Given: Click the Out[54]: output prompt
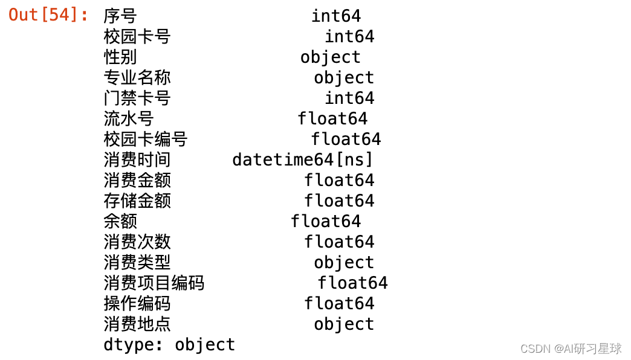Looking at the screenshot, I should click(49, 15).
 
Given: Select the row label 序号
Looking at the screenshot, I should click(120, 16).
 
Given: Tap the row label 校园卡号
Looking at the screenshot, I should click(137, 37).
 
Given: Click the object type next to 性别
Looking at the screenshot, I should click(330, 57).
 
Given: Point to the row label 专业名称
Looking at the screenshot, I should click(137, 78).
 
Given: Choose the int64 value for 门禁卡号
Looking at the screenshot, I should click(349, 98).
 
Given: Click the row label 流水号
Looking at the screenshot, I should click(129, 119).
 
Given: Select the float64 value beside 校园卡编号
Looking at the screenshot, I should click(346, 140).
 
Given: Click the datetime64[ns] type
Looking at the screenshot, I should click(303, 160).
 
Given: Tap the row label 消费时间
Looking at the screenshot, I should click(137, 160).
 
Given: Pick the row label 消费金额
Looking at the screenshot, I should click(137, 181).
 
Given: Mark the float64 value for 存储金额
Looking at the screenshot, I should click(339, 201).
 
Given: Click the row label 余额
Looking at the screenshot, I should click(120, 222).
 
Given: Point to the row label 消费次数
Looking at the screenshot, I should click(137, 242).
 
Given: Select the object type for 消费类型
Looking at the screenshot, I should click(344, 263).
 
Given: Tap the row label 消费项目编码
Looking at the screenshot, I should click(154, 283).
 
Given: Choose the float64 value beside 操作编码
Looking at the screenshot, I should click(339, 304).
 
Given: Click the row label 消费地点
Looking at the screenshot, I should click(137, 324).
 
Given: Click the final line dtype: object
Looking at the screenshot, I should click(169, 345).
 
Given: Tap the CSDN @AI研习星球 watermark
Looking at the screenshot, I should click(571, 349).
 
